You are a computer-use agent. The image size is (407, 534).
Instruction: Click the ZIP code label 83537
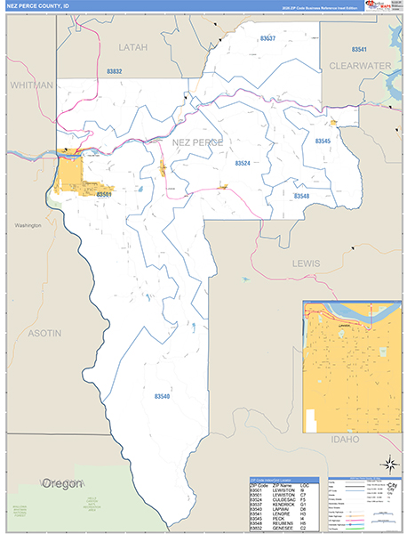pos(267,39)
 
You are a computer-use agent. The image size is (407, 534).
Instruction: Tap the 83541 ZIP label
pos(359,50)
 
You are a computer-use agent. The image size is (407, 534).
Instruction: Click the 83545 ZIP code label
pos(323,141)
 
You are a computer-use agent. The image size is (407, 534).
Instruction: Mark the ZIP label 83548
pos(301,195)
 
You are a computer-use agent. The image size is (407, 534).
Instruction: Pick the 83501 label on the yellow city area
pos(104,193)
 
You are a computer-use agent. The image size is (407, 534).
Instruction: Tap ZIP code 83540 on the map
pos(161,395)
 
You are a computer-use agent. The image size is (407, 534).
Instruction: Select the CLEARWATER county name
pos(360,66)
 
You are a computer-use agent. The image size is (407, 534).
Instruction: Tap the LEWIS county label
pos(305,263)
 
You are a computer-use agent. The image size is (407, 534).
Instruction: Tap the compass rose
pos(388,463)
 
